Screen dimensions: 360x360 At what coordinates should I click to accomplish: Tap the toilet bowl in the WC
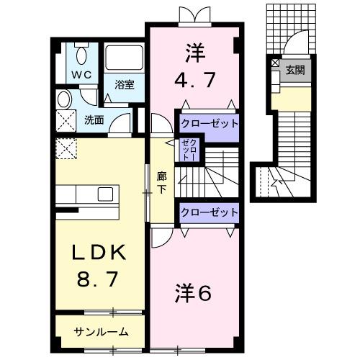80,55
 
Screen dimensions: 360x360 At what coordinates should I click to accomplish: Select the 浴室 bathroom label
124,84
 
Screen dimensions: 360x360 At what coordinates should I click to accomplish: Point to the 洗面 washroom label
94,120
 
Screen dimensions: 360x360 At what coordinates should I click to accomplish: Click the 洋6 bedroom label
192,293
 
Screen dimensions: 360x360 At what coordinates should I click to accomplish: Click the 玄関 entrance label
294,70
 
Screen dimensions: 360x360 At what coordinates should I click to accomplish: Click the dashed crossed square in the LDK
67,149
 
